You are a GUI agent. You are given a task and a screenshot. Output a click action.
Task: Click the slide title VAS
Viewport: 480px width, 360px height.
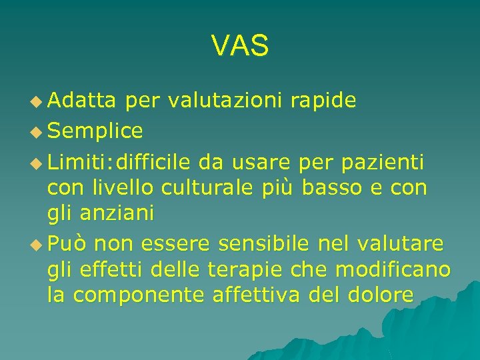(240, 45)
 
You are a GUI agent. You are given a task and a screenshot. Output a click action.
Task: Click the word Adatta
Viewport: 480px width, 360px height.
(82, 101)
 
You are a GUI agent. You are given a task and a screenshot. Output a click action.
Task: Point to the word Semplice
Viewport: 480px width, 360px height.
(95, 131)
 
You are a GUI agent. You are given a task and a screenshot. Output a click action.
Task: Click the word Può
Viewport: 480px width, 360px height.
(68, 244)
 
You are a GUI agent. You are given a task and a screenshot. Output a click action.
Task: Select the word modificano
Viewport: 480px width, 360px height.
(393, 270)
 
